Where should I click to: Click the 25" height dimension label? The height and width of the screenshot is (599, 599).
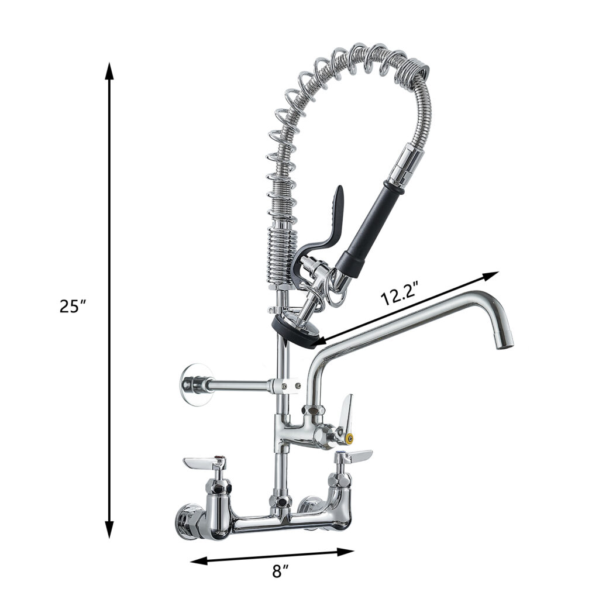point(73,306)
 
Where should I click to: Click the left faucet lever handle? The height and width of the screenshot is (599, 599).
point(202,463)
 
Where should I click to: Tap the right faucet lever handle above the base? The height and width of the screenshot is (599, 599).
point(354,455)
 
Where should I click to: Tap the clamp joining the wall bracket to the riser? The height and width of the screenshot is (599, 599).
point(283,386)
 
